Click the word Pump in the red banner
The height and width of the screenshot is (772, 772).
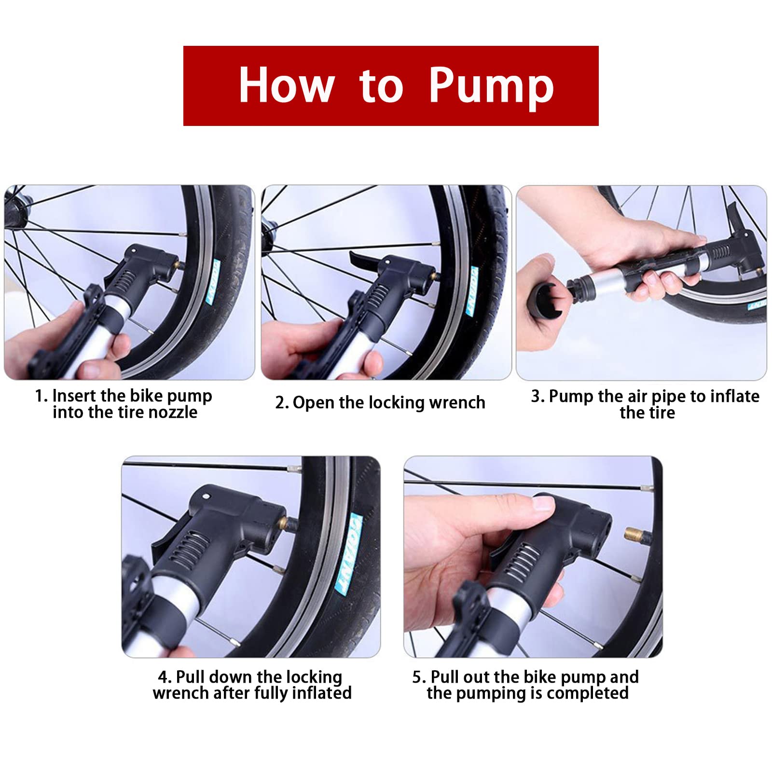coord(491,86)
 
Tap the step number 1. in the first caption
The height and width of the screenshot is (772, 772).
coord(41,396)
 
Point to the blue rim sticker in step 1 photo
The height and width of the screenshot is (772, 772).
coord(213,283)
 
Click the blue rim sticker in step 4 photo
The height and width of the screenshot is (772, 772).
coord(348,553)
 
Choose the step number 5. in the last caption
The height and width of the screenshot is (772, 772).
coord(419,677)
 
